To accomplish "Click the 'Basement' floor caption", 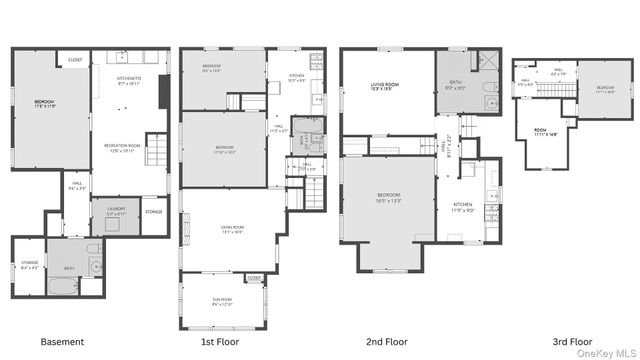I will pyautogui.click(x=63, y=341).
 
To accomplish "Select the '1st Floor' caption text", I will pyautogui.click(x=221, y=341).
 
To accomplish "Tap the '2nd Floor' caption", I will pyautogui.click(x=387, y=341).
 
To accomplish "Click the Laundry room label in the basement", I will pyautogui.click(x=116, y=212).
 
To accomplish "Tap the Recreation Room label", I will pyautogui.click(x=120, y=148).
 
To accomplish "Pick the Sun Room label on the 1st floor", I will pyautogui.click(x=222, y=301).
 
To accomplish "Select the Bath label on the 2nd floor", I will pyautogui.click(x=454, y=85).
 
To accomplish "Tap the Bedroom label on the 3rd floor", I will pyautogui.click(x=605, y=89).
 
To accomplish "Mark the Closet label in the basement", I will pyautogui.click(x=76, y=60).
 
